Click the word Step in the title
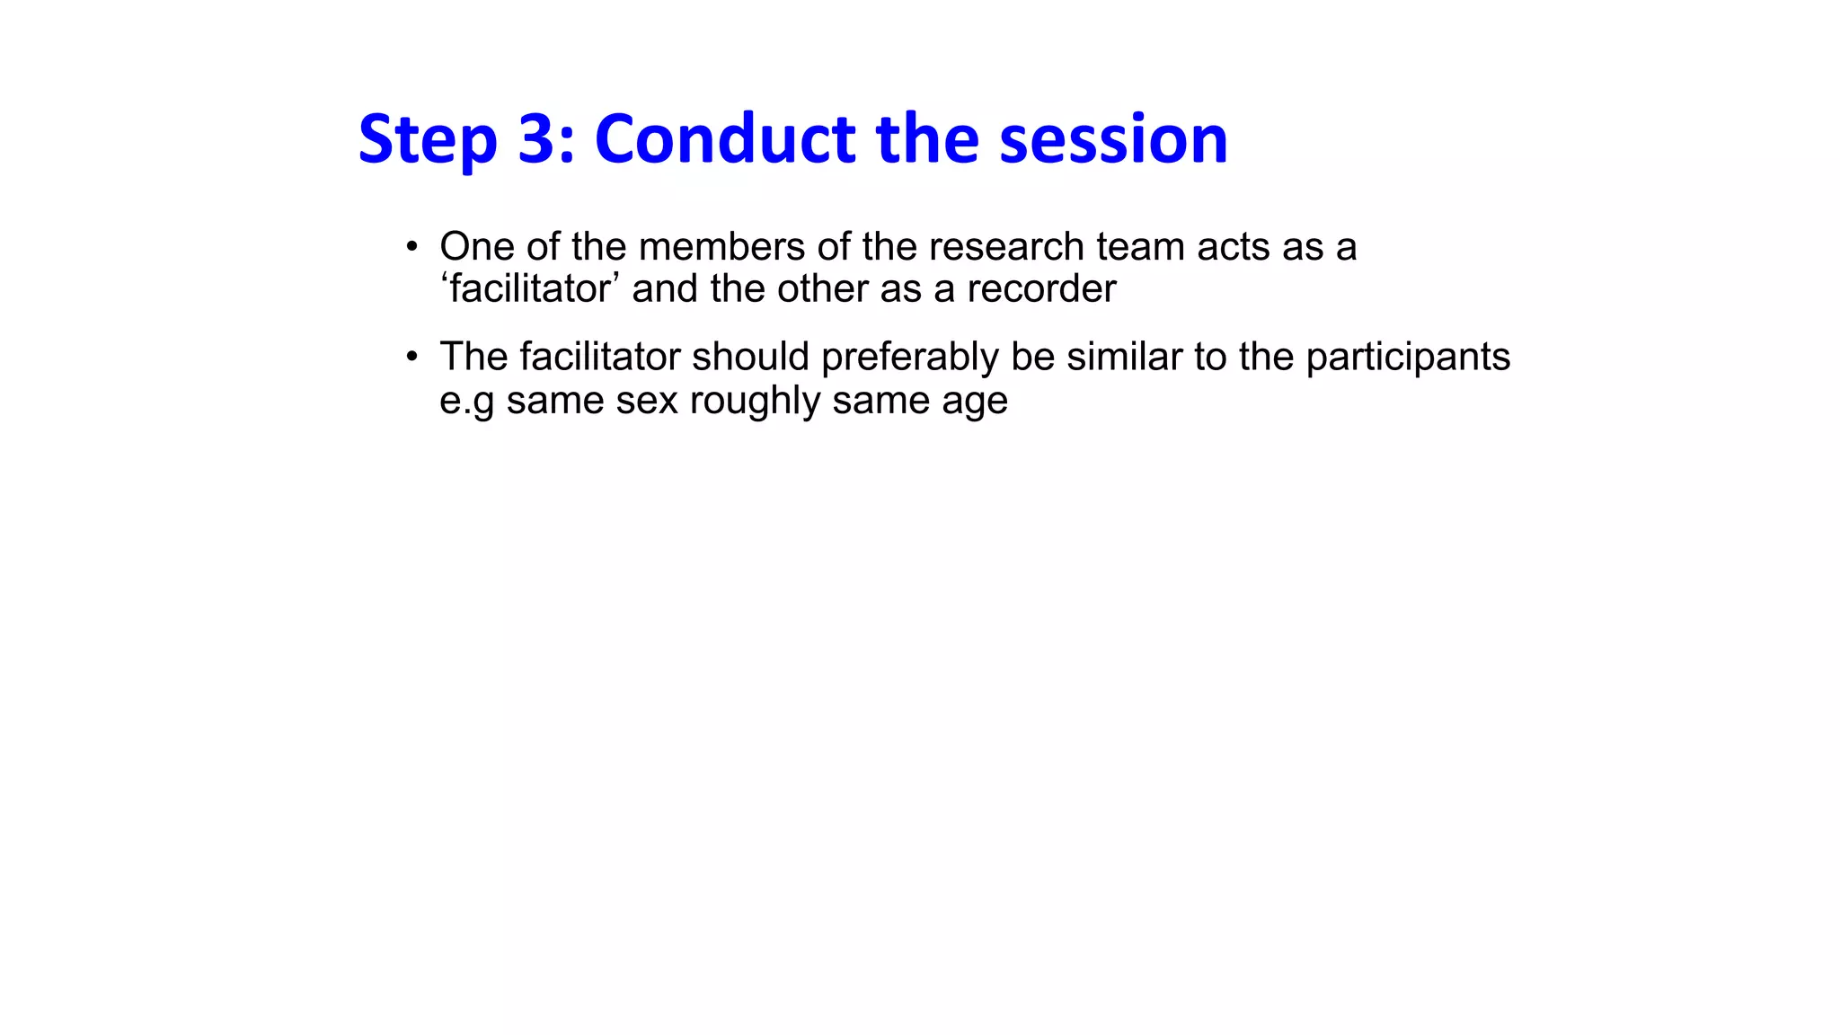click(x=427, y=139)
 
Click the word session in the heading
click(x=1113, y=139)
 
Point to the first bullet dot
click(x=411, y=246)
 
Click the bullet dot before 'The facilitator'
click(x=411, y=357)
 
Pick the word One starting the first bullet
click(x=476, y=246)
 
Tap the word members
click(x=721, y=246)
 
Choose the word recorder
click(x=1041, y=288)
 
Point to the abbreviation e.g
click(x=466, y=401)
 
